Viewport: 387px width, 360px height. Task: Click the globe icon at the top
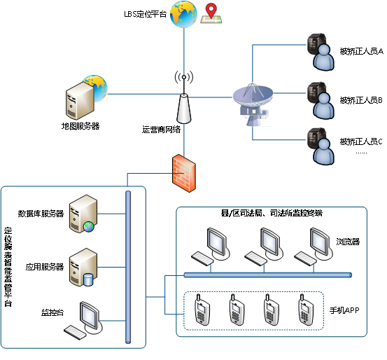183,14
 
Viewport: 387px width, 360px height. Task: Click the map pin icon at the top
210,13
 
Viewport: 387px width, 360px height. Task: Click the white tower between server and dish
184,109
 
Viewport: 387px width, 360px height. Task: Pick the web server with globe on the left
83,98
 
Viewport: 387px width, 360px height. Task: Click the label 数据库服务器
41,214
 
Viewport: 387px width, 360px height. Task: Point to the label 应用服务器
45,267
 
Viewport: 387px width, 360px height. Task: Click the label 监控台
52,312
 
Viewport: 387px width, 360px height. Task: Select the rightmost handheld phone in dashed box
305,310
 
